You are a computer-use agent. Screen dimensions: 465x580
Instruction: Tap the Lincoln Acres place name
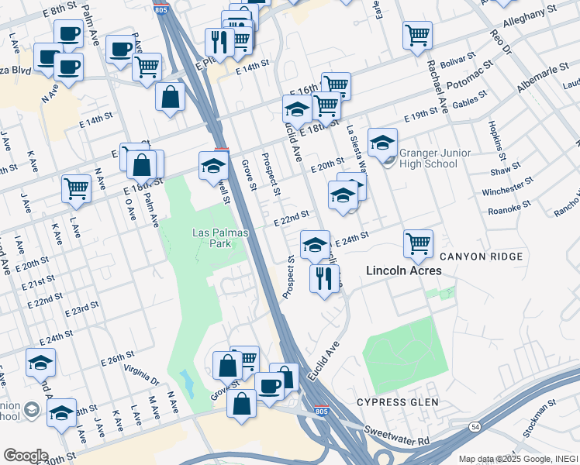404,270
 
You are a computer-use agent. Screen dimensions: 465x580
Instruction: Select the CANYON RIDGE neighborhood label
481,257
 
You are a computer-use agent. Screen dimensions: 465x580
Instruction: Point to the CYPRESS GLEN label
397,402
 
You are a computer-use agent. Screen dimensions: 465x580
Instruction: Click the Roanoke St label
509,207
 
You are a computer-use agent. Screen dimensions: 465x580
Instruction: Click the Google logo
25,456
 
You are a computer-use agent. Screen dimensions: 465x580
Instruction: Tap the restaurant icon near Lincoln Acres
324,277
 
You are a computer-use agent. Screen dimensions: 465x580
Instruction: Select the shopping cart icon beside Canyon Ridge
418,243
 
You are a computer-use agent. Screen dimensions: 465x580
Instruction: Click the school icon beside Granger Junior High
382,142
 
